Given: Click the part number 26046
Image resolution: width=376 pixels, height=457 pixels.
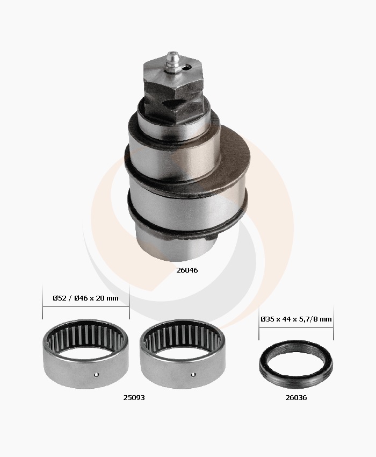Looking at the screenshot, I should pyautogui.click(x=187, y=270).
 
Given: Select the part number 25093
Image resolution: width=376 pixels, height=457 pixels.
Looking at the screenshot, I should pyautogui.click(x=134, y=397).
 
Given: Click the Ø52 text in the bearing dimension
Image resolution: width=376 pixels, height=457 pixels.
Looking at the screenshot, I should pyautogui.click(x=60, y=298).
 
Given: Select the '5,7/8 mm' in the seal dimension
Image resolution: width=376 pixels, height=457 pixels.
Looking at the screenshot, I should pyautogui.click(x=317, y=319).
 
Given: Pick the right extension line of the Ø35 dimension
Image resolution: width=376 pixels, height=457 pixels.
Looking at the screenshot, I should pyautogui.click(x=333, y=325).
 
